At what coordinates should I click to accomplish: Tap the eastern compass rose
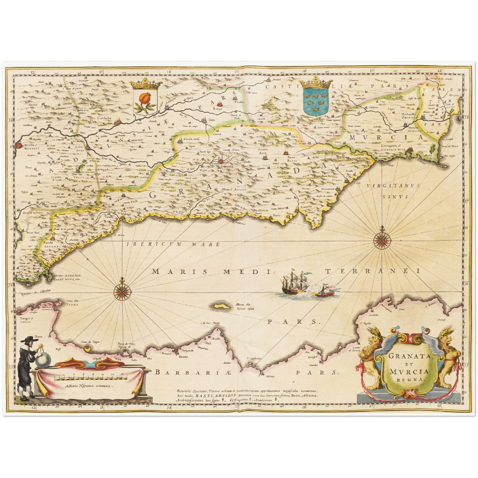[x=383, y=240]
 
